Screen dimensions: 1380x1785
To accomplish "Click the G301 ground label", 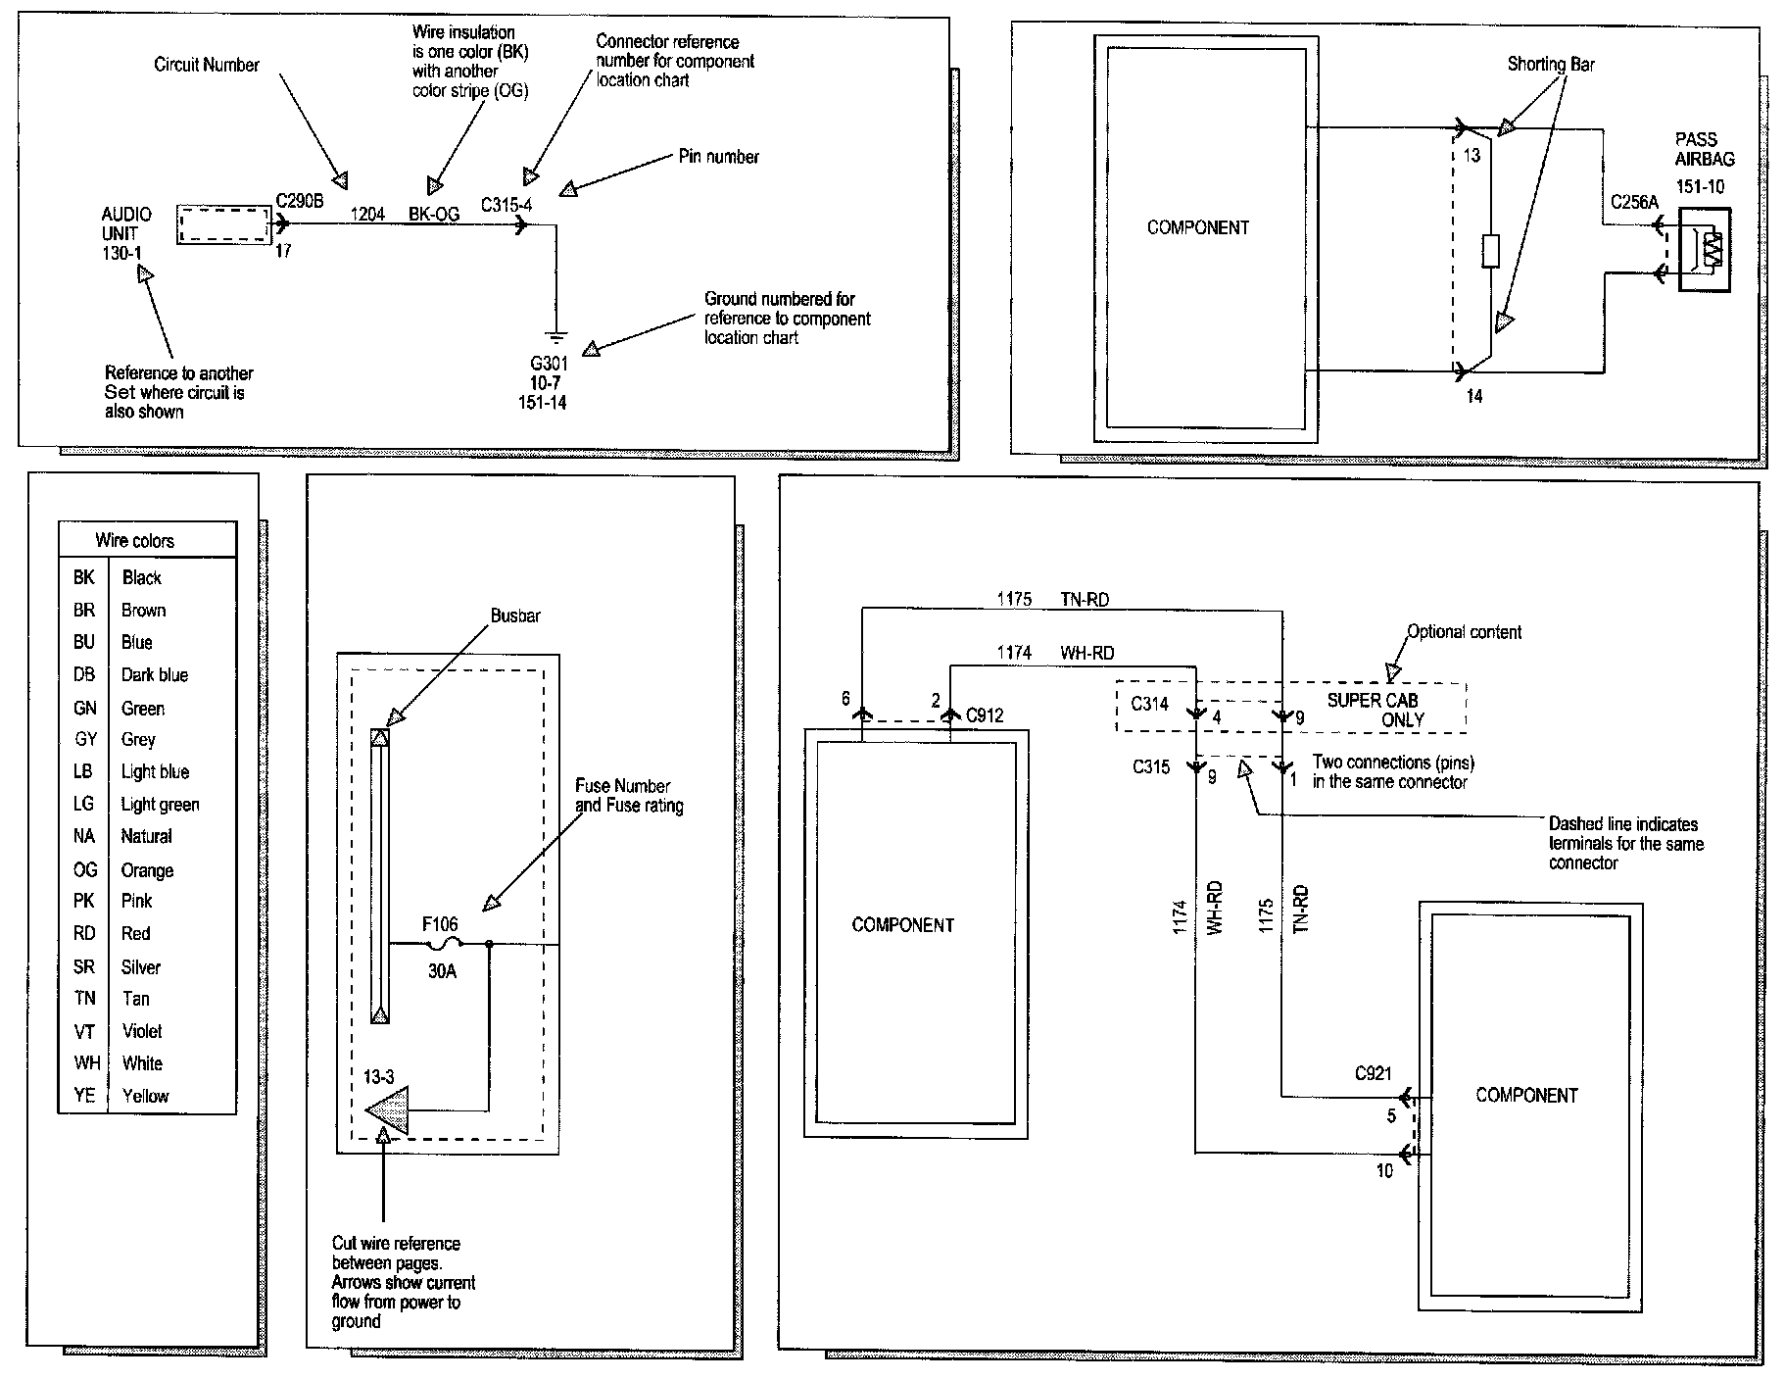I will pos(548,363).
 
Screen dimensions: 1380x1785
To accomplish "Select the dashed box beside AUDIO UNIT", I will pos(223,224).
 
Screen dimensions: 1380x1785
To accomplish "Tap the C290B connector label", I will pos(299,201).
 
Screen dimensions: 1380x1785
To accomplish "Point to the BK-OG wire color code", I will pos(433,214).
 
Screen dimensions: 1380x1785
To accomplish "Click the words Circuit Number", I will pos(207,65).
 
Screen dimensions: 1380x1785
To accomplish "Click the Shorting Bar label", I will pos(1550,65).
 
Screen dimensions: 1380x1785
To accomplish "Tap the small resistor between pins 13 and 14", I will pos(1490,251).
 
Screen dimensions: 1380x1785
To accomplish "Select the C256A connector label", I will pos(1634,203).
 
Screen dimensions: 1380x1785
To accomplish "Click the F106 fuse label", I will pos(440,923).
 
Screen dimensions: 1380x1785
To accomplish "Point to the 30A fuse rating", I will pos(442,971).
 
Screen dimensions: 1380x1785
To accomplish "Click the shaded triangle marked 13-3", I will pos(389,1110).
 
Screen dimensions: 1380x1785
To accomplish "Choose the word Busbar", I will pos(515,616).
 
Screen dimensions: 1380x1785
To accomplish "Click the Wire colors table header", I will pos(135,540).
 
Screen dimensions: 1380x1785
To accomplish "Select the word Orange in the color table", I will pos(147,870).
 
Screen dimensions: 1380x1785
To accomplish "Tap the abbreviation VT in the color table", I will pos(84,1031).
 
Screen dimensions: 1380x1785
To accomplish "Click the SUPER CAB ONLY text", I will pos(1374,710).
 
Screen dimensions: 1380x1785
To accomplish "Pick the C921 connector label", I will pos(1373,1073).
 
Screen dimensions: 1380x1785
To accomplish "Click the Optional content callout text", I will pos(1464,632).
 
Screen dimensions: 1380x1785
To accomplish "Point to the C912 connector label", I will pos(985,715).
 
